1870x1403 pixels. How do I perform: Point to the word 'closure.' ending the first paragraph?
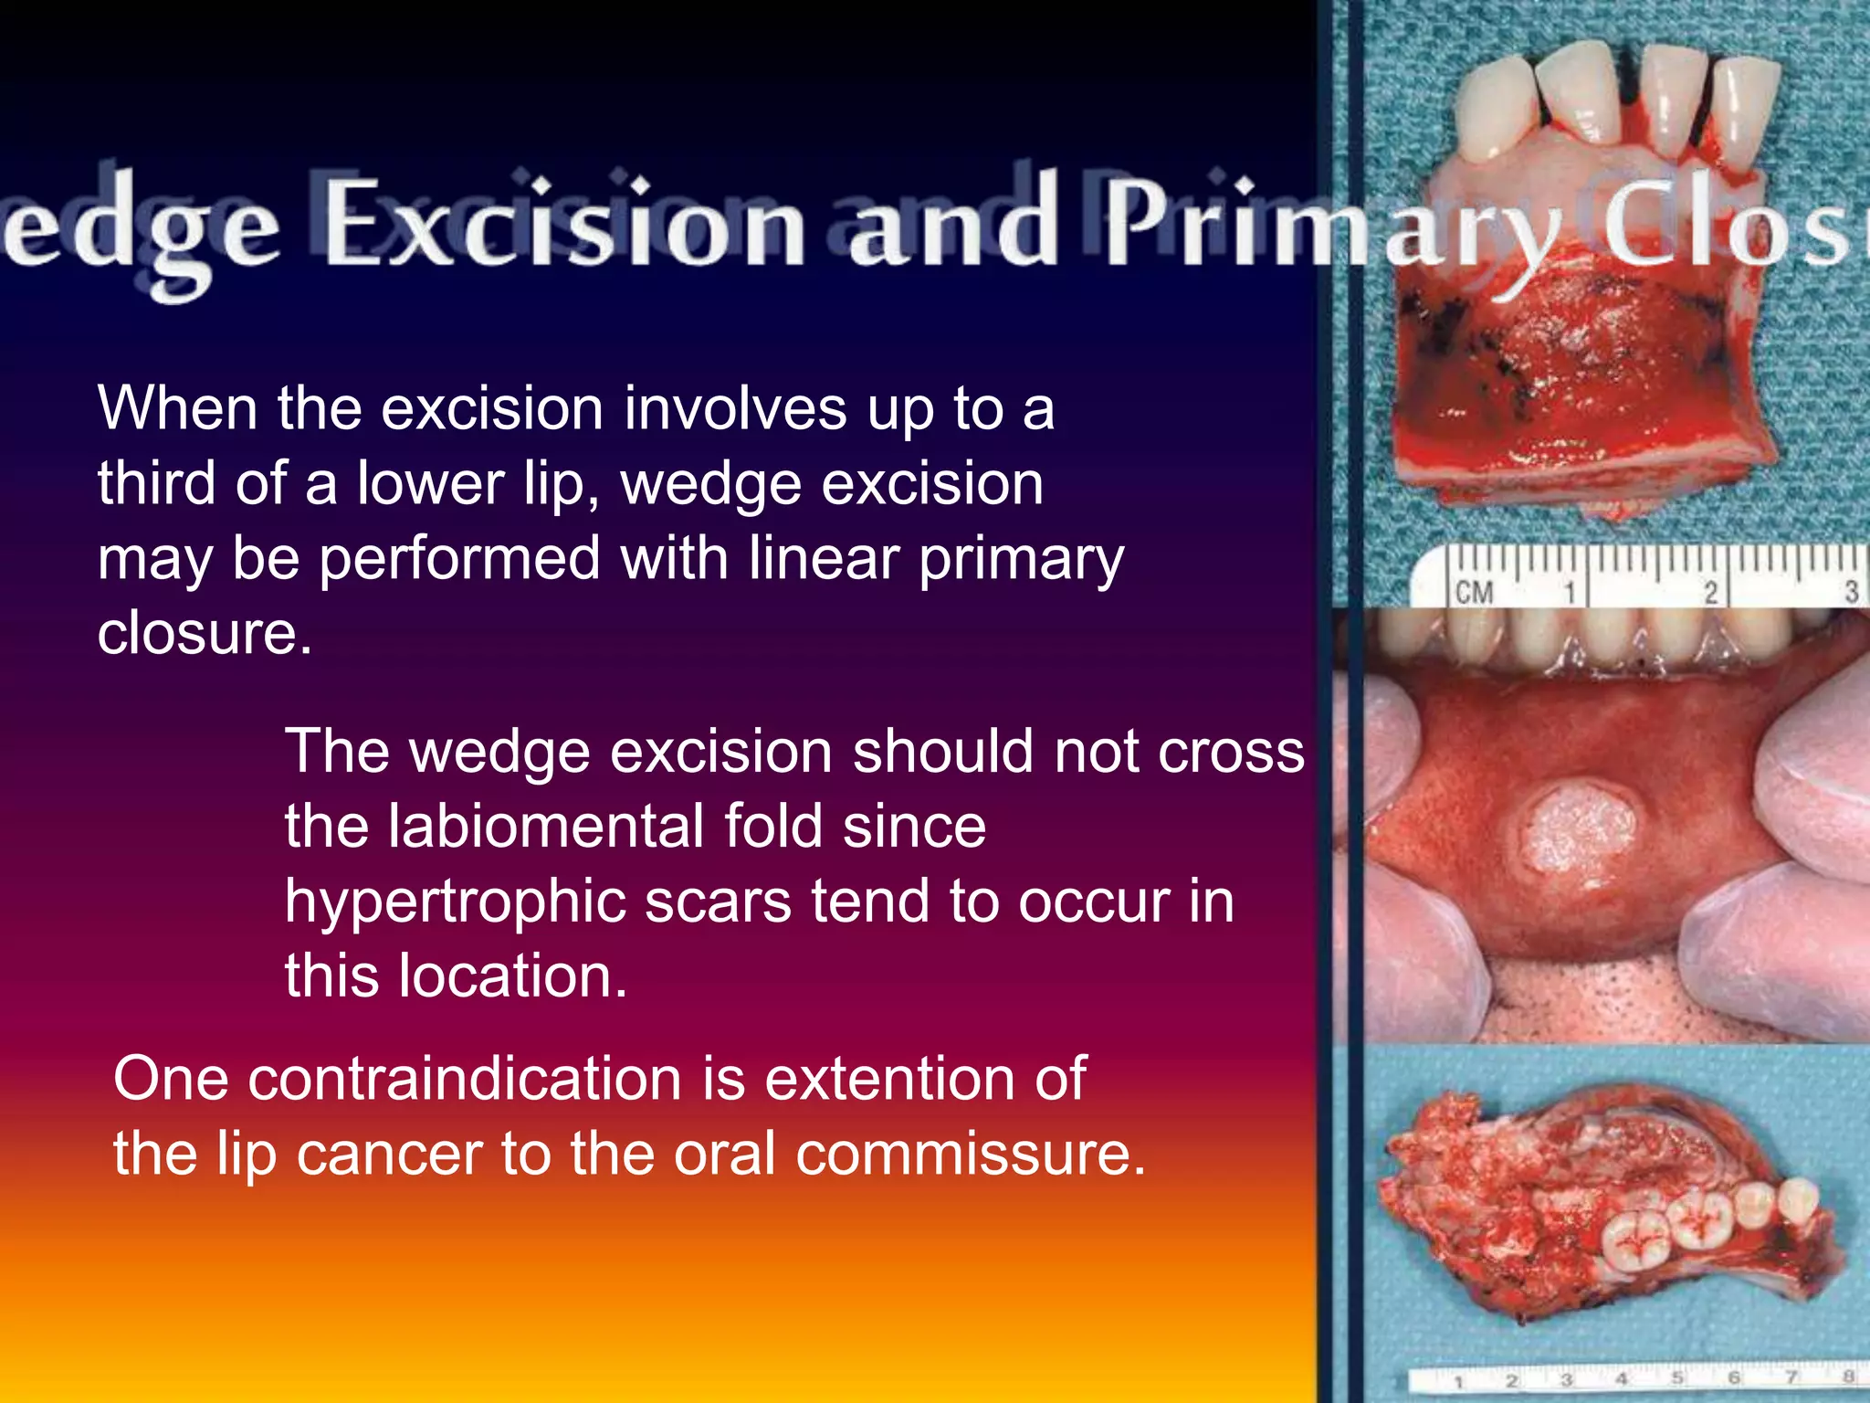205,633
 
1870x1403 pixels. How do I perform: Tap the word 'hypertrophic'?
455,902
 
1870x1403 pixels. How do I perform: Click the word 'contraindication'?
465,1079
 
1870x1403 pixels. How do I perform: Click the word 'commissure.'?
970,1154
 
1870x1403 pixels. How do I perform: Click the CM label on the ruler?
1473,593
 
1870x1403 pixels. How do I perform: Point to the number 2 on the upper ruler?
1710,593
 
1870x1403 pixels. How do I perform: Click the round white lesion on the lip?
1577,832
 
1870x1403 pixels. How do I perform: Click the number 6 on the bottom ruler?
1733,1377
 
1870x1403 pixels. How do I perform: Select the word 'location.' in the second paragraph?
513,976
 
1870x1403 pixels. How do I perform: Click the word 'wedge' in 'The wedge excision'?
499,752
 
